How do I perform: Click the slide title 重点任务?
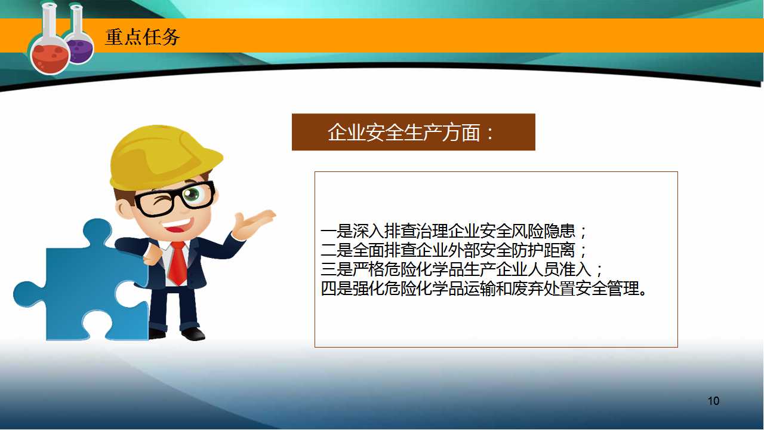(142, 37)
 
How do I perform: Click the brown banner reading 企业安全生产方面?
(414, 132)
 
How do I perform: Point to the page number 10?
(713, 401)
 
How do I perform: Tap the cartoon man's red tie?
(177, 263)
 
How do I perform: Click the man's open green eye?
(192, 195)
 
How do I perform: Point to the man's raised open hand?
(254, 223)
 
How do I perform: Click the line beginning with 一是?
(453, 231)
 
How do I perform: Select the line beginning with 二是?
(453, 250)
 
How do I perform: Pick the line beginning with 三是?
(461, 269)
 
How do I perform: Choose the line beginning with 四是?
(483, 288)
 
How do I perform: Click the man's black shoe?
(193, 334)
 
